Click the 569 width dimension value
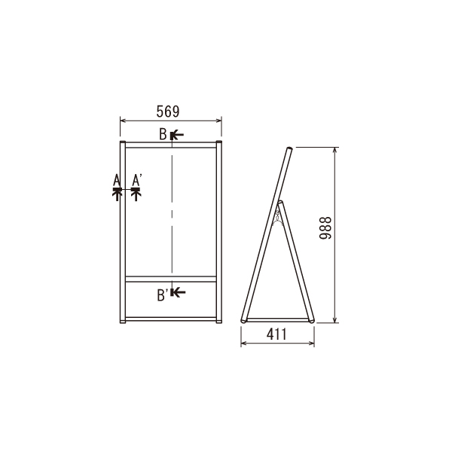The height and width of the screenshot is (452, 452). [x=168, y=111]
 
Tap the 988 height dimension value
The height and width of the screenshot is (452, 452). [x=325, y=228]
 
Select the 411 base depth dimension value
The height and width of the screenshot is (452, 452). [x=276, y=334]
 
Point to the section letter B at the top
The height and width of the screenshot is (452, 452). [x=163, y=134]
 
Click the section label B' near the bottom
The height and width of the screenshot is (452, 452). [x=163, y=295]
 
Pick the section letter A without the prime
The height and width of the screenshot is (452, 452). [x=117, y=180]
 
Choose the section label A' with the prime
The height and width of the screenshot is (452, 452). [x=136, y=180]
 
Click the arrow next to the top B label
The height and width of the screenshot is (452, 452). [x=177, y=135]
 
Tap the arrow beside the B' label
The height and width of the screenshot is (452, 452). [x=178, y=292]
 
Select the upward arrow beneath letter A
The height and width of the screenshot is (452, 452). [x=117, y=194]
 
